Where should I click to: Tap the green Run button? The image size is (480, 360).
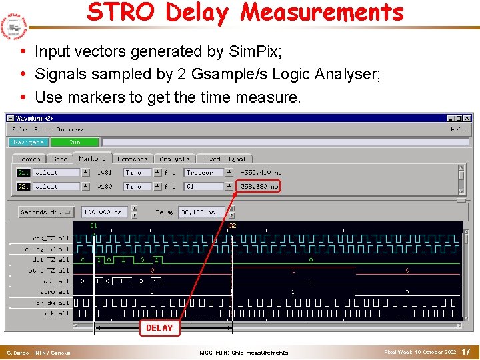point(75,142)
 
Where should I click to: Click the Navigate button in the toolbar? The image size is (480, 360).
point(29,142)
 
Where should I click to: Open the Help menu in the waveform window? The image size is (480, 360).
point(458,129)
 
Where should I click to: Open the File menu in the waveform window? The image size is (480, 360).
point(19,129)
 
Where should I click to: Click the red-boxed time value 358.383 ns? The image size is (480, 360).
point(260,187)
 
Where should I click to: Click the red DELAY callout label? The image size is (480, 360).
point(159,328)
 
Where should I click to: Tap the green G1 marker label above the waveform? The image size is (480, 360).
point(94,225)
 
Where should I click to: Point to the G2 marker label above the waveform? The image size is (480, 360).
point(232,225)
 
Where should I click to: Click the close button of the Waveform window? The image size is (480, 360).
point(467,118)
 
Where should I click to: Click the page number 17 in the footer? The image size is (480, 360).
point(467,351)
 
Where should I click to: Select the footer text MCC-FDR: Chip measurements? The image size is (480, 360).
point(244,352)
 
